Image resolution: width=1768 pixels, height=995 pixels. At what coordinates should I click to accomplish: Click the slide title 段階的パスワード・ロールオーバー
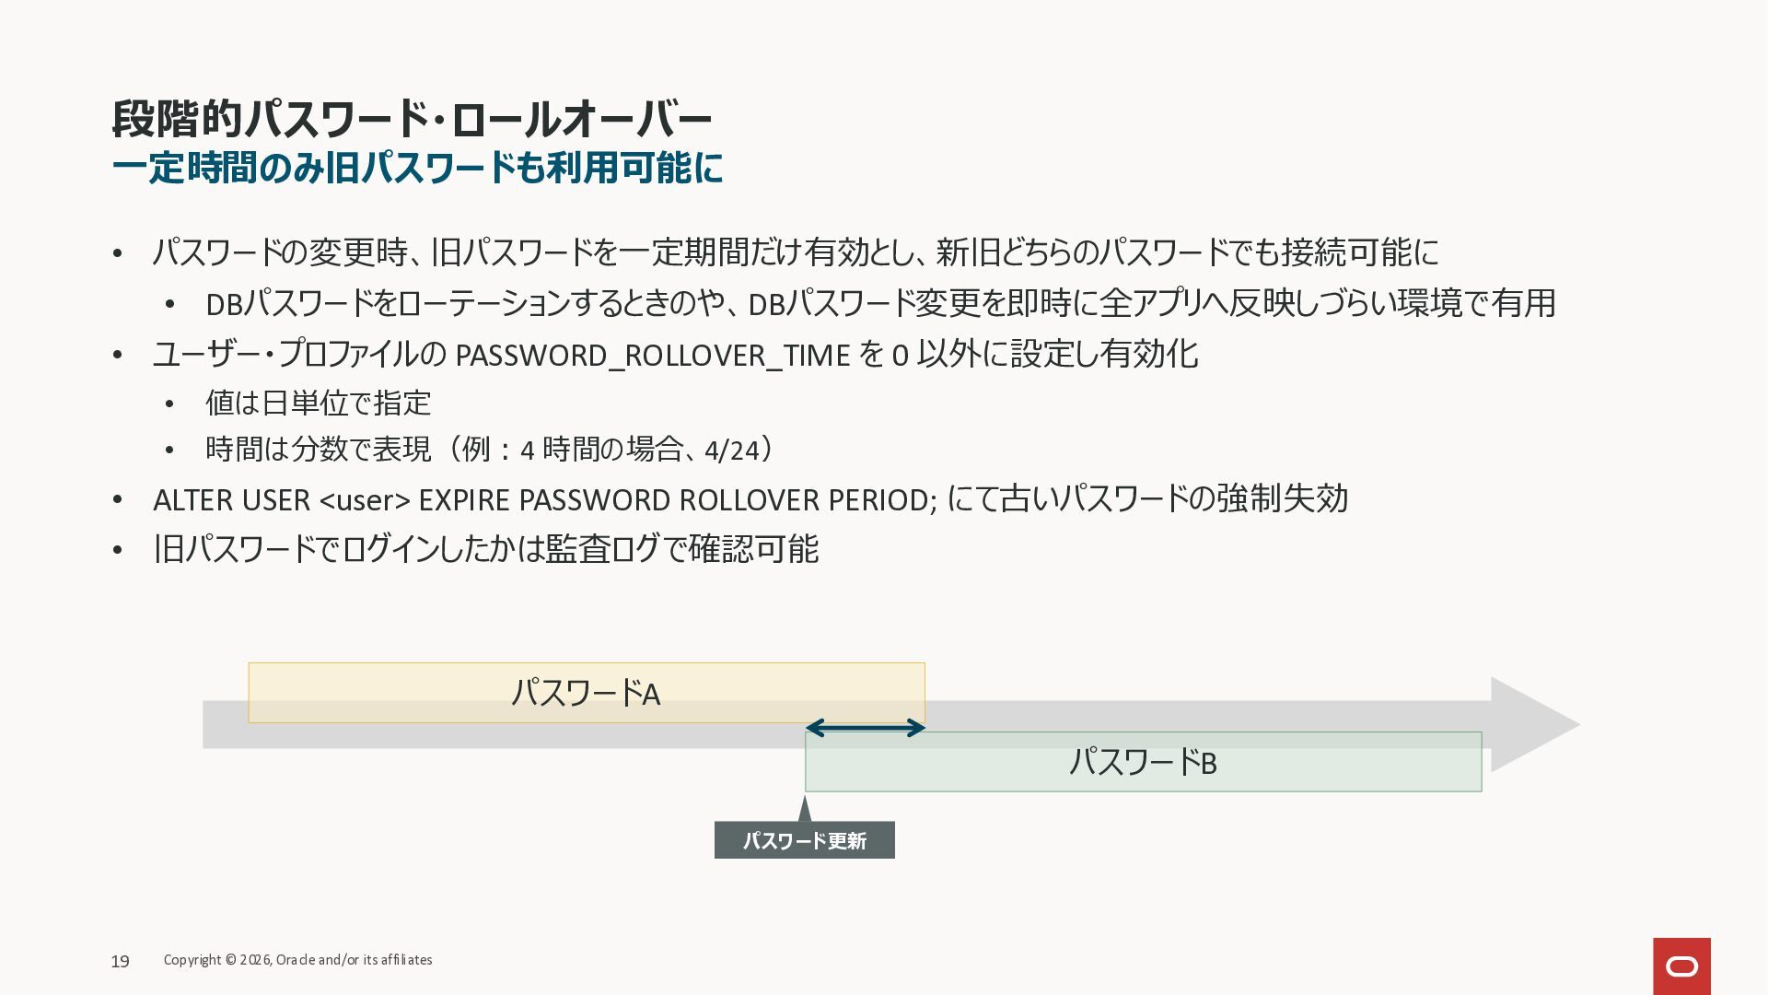tap(412, 120)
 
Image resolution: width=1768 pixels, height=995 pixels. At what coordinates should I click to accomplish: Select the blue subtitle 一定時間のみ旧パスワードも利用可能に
tap(417, 169)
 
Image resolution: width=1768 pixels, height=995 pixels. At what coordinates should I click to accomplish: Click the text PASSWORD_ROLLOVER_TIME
tap(653, 356)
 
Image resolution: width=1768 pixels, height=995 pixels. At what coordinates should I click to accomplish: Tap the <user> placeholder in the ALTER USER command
tap(365, 500)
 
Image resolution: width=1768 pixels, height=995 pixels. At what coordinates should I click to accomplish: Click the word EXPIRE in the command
tap(464, 500)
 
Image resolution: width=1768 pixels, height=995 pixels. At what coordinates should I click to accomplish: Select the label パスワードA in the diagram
tap(586, 693)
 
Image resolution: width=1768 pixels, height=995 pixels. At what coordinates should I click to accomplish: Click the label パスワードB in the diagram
tap(1143, 763)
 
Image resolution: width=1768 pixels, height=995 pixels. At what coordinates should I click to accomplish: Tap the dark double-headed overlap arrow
tap(865, 729)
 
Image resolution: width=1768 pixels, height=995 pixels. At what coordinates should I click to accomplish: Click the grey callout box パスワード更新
tap(805, 840)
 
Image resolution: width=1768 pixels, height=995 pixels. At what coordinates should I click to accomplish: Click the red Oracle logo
tap(1681, 966)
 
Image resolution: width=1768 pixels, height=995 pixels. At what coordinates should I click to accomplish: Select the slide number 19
tap(120, 962)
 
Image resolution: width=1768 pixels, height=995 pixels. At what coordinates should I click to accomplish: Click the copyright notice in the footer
tap(297, 960)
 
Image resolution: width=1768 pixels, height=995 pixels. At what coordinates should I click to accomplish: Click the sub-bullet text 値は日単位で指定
tap(318, 404)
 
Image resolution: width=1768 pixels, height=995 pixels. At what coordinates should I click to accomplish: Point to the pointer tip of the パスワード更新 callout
tap(805, 796)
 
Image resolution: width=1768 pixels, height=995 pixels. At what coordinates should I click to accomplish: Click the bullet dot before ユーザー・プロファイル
tap(118, 356)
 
